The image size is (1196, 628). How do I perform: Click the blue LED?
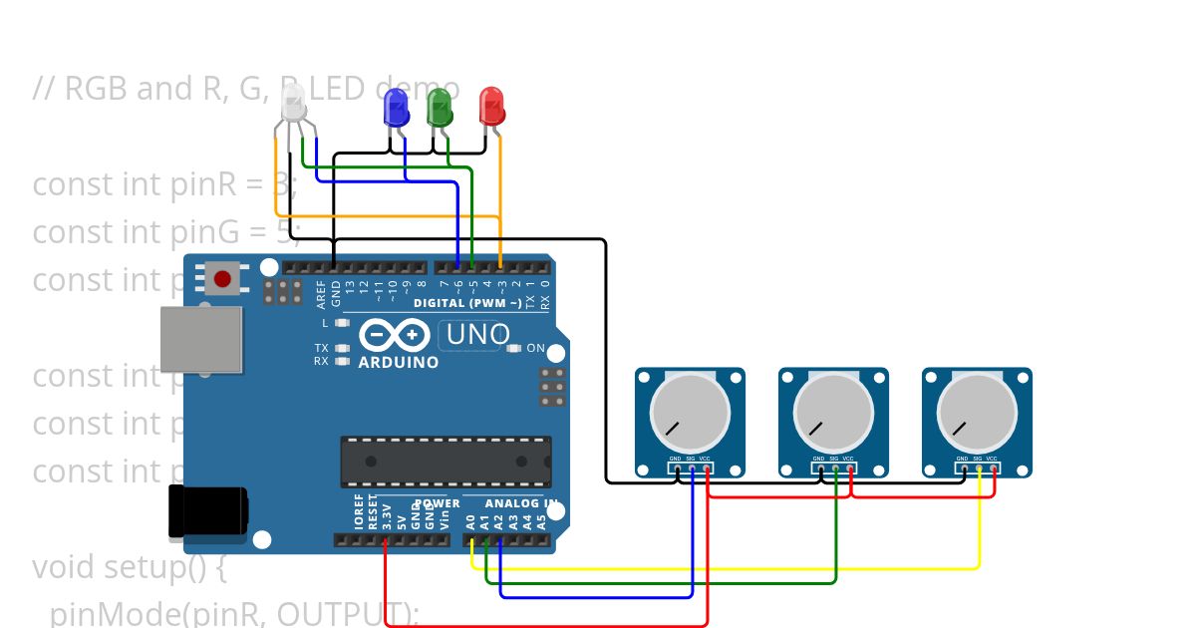[396, 108]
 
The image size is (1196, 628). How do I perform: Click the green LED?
[440, 107]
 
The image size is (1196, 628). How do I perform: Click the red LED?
[491, 107]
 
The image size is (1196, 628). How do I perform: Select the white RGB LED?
[293, 104]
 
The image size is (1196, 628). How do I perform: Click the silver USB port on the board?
[201, 339]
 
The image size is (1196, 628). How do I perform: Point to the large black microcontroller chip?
[446, 462]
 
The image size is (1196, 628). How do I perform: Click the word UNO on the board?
[478, 335]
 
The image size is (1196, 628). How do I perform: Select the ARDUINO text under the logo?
[398, 362]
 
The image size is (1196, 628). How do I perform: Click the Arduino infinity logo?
[395, 334]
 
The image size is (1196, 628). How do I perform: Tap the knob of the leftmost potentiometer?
[690, 413]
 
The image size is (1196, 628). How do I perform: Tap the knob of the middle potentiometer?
[833, 413]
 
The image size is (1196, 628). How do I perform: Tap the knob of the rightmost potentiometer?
[977, 413]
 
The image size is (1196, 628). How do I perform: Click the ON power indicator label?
[535, 349]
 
